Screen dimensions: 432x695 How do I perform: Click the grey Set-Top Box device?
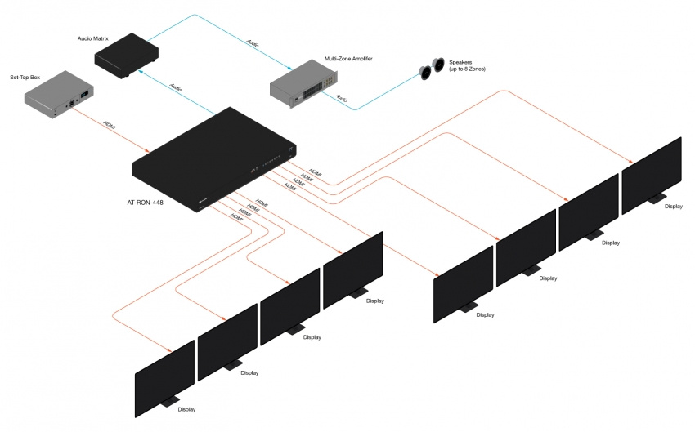[x=58, y=99]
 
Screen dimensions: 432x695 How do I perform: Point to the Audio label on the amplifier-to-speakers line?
[x=341, y=100]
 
